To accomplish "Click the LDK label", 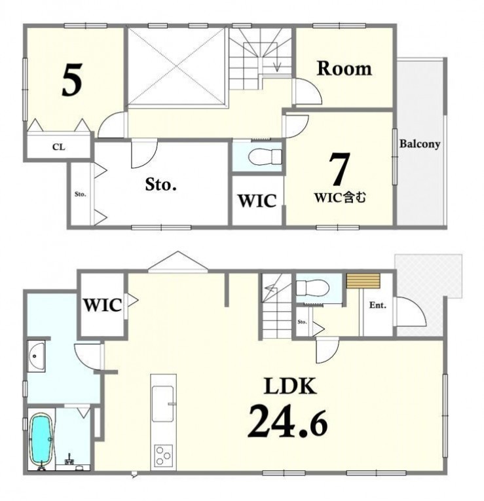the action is [290, 386].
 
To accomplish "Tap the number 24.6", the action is [288, 421].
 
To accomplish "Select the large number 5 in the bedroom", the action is [72, 79].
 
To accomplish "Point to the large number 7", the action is [339, 168].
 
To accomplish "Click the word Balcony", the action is [420, 144].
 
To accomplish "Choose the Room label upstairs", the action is [344, 68].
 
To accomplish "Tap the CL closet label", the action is [59, 147].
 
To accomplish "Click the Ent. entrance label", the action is [378, 305].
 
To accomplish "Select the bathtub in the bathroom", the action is [41, 439].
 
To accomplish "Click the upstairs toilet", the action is [265, 157].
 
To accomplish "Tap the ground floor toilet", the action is [312, 288].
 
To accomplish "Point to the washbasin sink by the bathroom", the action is [36, 356].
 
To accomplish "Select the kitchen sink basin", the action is [163, 404].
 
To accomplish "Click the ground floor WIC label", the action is [102, 305].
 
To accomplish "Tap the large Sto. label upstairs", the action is [161, 185].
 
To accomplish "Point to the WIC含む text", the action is [340, 198].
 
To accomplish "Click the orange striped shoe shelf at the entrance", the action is [363, 280].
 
